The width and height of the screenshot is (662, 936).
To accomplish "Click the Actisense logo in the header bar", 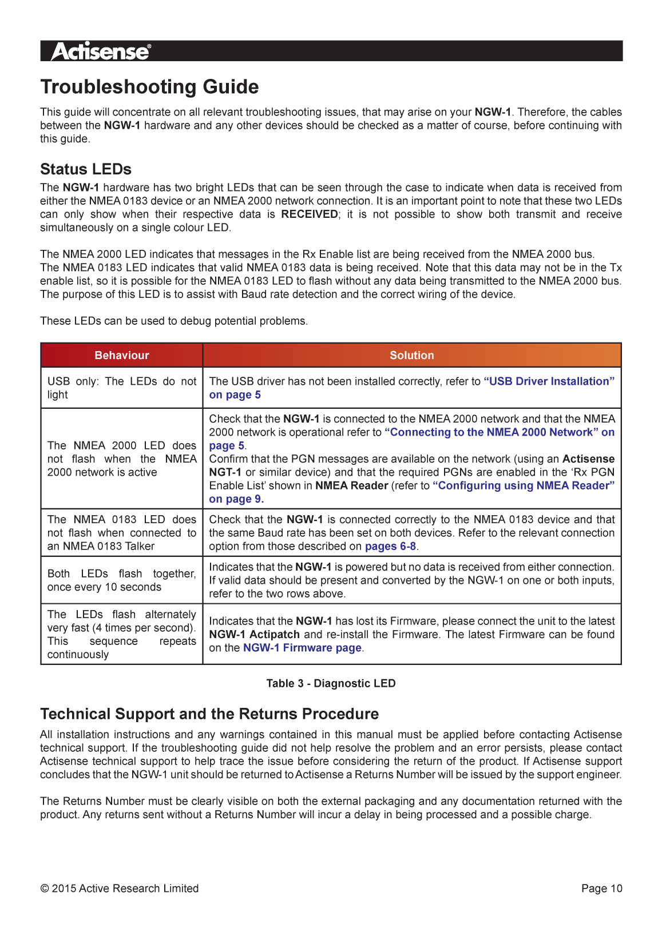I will pyautogui.click(x=101, y=51).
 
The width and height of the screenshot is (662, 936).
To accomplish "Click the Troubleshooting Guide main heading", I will pyautogui.click(x=149, y=87).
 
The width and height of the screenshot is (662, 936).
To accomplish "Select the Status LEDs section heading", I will pyautogui.click(x=86, y=169).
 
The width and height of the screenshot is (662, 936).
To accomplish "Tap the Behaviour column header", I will pyautogui.click(x=121, y=355).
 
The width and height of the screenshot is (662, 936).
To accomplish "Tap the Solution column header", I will pyautogui.click(x=411, y=355).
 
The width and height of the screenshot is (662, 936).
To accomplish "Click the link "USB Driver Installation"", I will pyautogui.click(x=549, y=381).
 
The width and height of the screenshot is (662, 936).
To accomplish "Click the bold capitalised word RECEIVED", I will pyautogui.click(x=309, y=214).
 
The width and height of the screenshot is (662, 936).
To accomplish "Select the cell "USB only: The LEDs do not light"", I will pyautogui.click(x=121, y=388).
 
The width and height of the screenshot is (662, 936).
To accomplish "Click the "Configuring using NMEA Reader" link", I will pyautogui.click(x=523, y=485).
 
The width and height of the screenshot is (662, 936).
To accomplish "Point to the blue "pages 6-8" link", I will pyautogui.click(x=390, y=546).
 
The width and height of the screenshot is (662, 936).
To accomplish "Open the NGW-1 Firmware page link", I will pyautogui.click(x=302, y=648).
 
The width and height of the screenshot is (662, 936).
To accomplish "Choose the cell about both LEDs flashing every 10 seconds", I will pyautogui.click(x=121, y=580).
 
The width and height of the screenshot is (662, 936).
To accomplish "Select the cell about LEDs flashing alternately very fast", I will pyautogui.click(x=121, y=634).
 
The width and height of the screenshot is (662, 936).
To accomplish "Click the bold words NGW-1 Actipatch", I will pyautogui.click(x=254, y=635).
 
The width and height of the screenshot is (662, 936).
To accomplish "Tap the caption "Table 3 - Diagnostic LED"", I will pyautogui.click(x=331, y=683).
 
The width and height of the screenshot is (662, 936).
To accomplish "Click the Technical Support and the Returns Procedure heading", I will pyautogui.click(x=209, y=714).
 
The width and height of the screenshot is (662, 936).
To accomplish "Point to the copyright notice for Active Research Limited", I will pyautogui.click(x=120, y=889).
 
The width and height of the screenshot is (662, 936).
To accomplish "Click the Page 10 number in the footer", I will pyautogui.click(x=601, y=889).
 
